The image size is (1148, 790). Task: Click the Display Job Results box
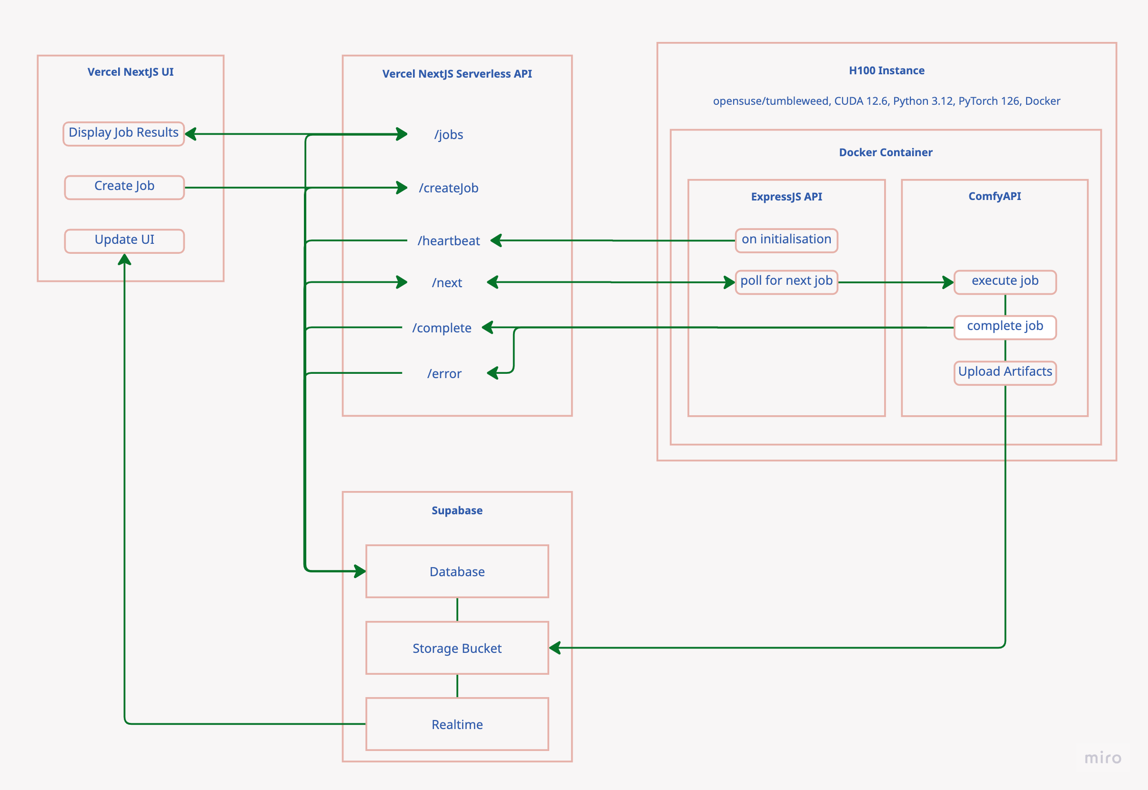[123, 134]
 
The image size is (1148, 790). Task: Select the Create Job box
[124, 187]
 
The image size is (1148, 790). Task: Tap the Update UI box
[124, 240]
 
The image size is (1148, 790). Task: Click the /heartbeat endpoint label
[449, 241]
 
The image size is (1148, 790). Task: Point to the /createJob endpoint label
[449, 188]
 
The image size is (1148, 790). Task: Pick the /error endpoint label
[444, 374]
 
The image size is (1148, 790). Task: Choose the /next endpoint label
[446, 283]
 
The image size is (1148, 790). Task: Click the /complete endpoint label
[442, 328]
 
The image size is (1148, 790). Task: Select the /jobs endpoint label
[449, 135]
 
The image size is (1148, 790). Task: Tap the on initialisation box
[786, 240]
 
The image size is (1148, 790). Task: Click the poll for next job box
[786, 281]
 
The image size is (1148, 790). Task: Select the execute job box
[1005, 281]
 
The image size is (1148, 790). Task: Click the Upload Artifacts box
[1005, 372]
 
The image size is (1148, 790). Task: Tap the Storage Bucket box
[457, 648]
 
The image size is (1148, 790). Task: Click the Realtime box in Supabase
[457, 724]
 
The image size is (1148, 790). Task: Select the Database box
[457, 571]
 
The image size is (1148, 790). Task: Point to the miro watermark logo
[1102, 758]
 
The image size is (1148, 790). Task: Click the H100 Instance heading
[886, 71]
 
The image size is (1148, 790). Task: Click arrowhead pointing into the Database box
[361, 571]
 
